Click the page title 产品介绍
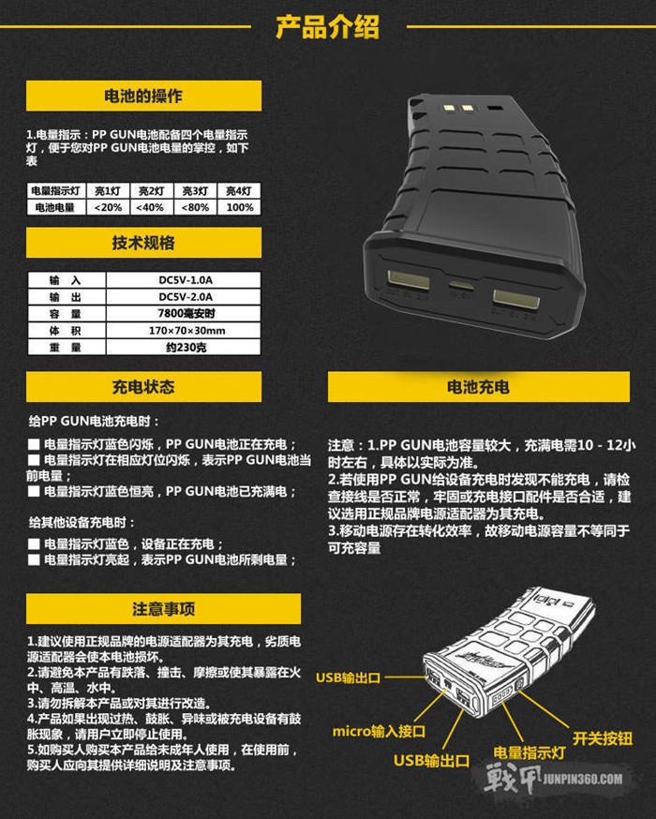pyautogui.click(x=327, y=27)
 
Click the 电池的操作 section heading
pyautogui.click(x=143, y=96)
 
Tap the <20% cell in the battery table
pyautogui.click(x=108, y=207)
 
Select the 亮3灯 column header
pyautogui.click(x=195, y=191)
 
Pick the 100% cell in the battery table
pyautogui.click(x=240, y=207)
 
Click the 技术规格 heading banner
pyautogui.click(x=143, y=243)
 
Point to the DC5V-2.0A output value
pyautogui.click(x=186, y=297)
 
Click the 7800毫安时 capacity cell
pyautogui.click(x=186, y=313)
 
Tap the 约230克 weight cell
pyautogui.click(x=186, y=348)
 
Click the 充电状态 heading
pyautogui.click(x=143, y=386)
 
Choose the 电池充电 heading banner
pyautogui.click(x=479, y=386)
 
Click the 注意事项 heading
pyautogui.click(x=163, y=608)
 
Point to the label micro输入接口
pyautogui.click(x=379, y=731)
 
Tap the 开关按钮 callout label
pyautogui.click(x=603, y=738)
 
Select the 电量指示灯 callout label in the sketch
pyautogui.click(x=529, y=752)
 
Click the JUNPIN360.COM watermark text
pyautogui.click(x=582, y=780)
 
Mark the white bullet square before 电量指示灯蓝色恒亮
pyautogui.click(x=34, y=492)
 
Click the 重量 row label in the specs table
pyautogui.click(x=66, y=348)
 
